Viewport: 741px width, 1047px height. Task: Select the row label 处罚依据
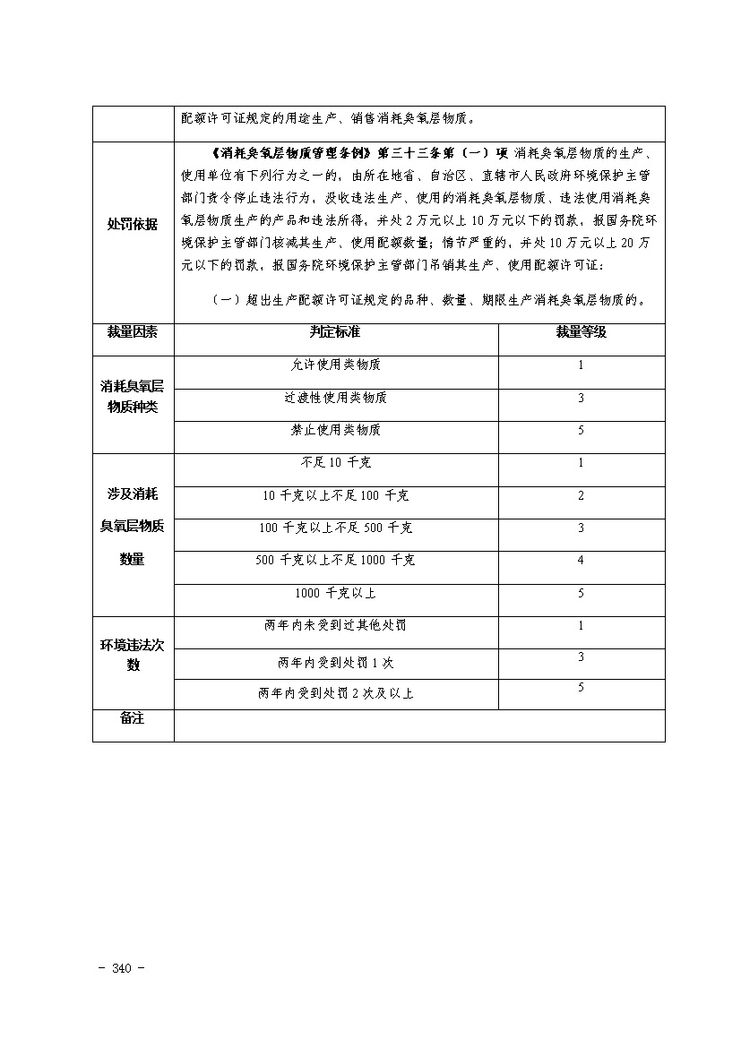(133, 224)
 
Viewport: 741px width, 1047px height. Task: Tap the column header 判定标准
(335, 331)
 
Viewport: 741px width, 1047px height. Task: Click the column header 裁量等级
(581, 331)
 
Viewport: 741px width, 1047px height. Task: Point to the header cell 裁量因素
(133, 331)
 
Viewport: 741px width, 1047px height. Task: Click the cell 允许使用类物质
(335, 365)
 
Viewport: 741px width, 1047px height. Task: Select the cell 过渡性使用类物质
(335, 398)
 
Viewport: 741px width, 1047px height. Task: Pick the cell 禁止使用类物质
(335, 430)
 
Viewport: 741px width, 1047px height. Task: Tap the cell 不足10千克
(335, 463)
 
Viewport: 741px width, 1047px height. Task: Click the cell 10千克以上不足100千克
(335, 495)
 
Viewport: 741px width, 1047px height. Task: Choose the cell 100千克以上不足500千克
(335, 528)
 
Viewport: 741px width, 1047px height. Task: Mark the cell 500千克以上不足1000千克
(335, 560)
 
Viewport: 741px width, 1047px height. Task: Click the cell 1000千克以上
(335, 593)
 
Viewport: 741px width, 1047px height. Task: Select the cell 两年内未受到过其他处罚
(335, 625)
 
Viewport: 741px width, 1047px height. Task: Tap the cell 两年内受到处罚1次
(335, 663)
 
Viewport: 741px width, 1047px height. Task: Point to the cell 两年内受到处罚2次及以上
(335, 693)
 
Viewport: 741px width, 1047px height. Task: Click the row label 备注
(133, 719)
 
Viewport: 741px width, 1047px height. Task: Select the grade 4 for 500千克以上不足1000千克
(581, 560)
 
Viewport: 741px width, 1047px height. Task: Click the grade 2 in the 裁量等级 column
(581, 495)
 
